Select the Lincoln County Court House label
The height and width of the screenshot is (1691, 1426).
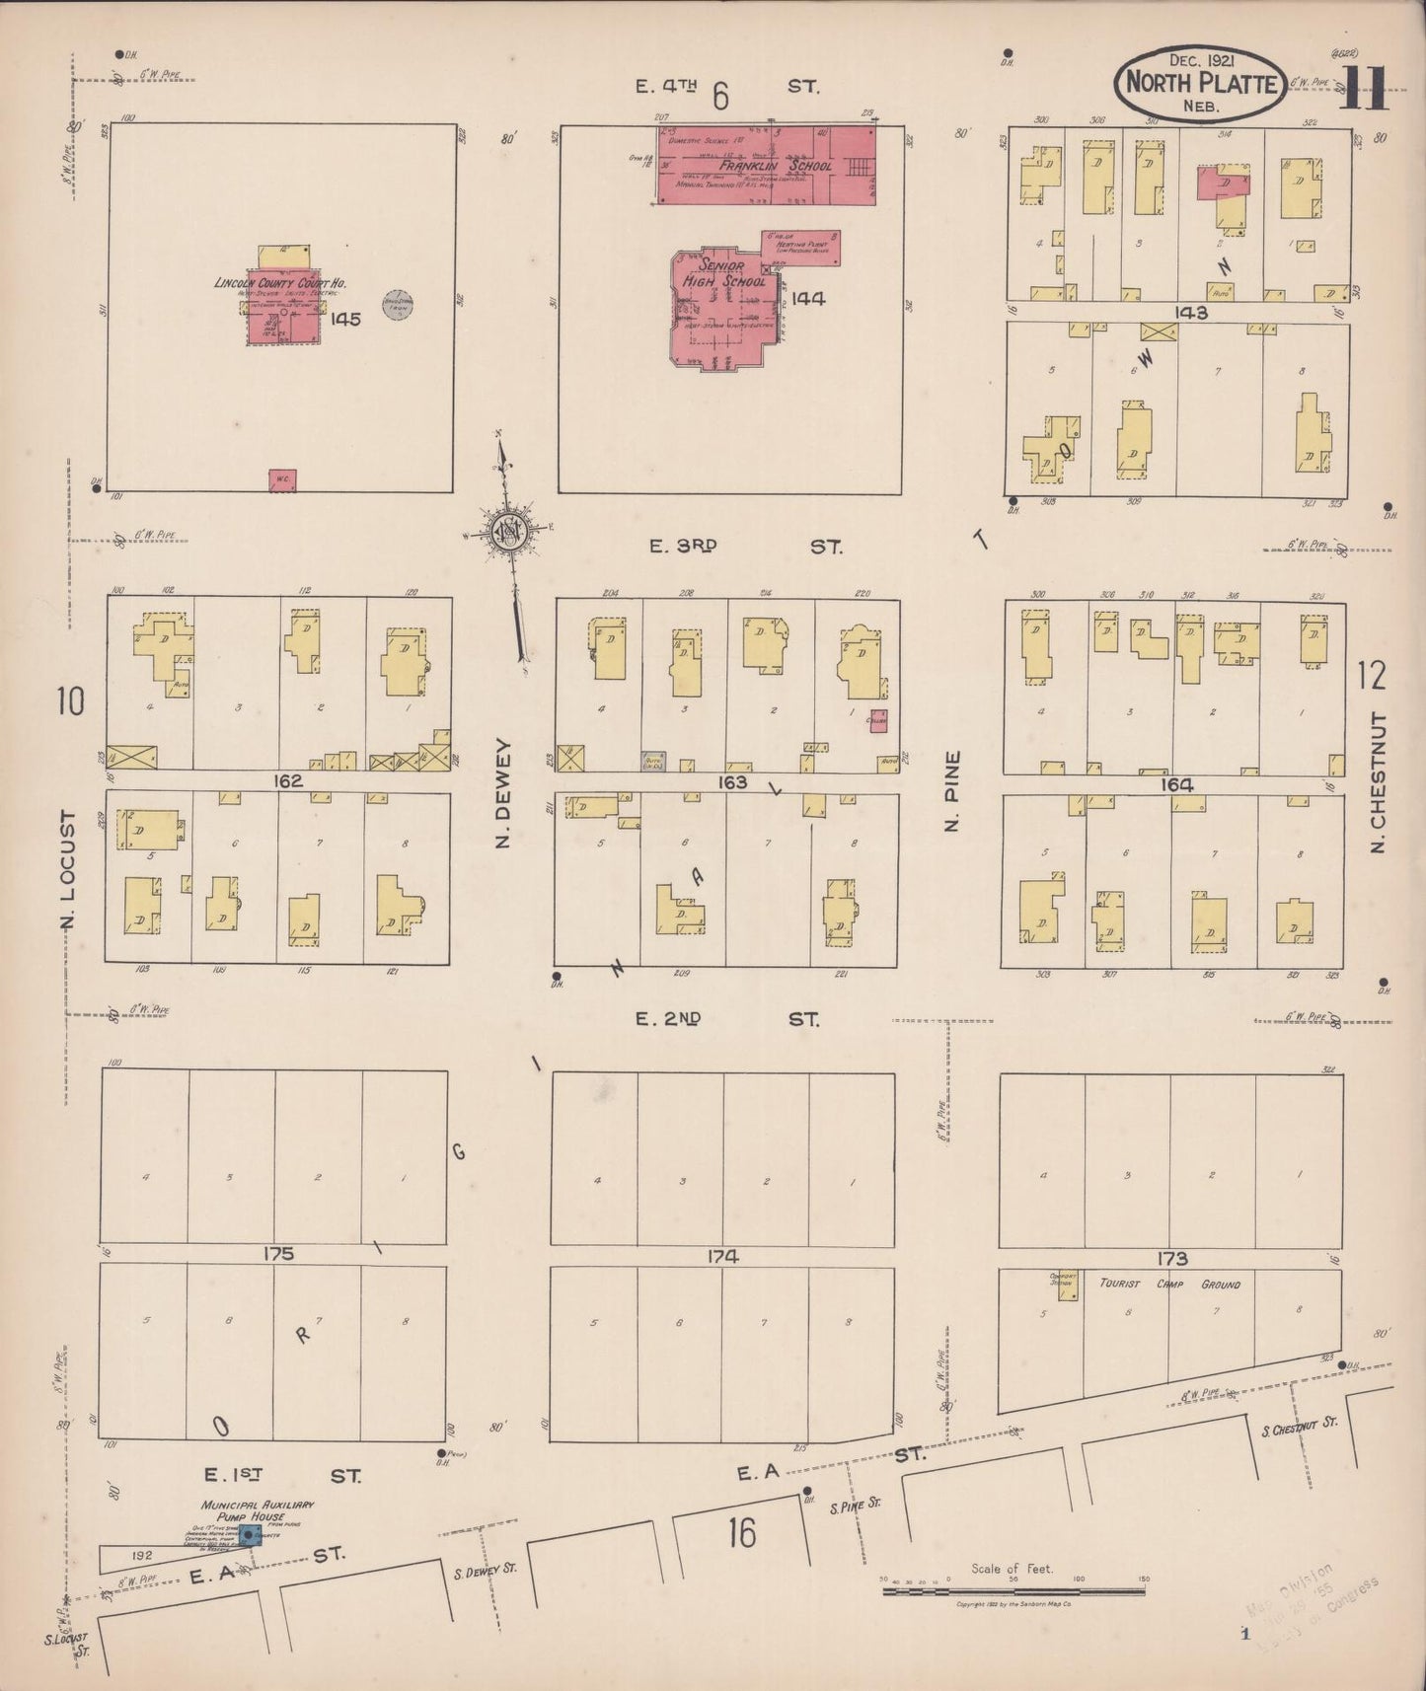(280, 283)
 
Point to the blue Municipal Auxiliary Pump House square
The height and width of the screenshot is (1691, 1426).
(246, 1535)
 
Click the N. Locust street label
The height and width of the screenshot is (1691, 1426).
(69, 870)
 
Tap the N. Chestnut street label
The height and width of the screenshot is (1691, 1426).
(1379, 782)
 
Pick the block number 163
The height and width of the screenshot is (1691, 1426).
(733, 782)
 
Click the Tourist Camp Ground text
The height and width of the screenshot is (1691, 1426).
(1169, 1284)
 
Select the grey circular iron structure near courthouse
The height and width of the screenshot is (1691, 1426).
(398, 306)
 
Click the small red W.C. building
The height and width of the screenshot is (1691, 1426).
(282, 480)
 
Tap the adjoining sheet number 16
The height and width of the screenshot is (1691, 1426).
(742, 1533)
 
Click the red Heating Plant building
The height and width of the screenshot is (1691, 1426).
(801, 248)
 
